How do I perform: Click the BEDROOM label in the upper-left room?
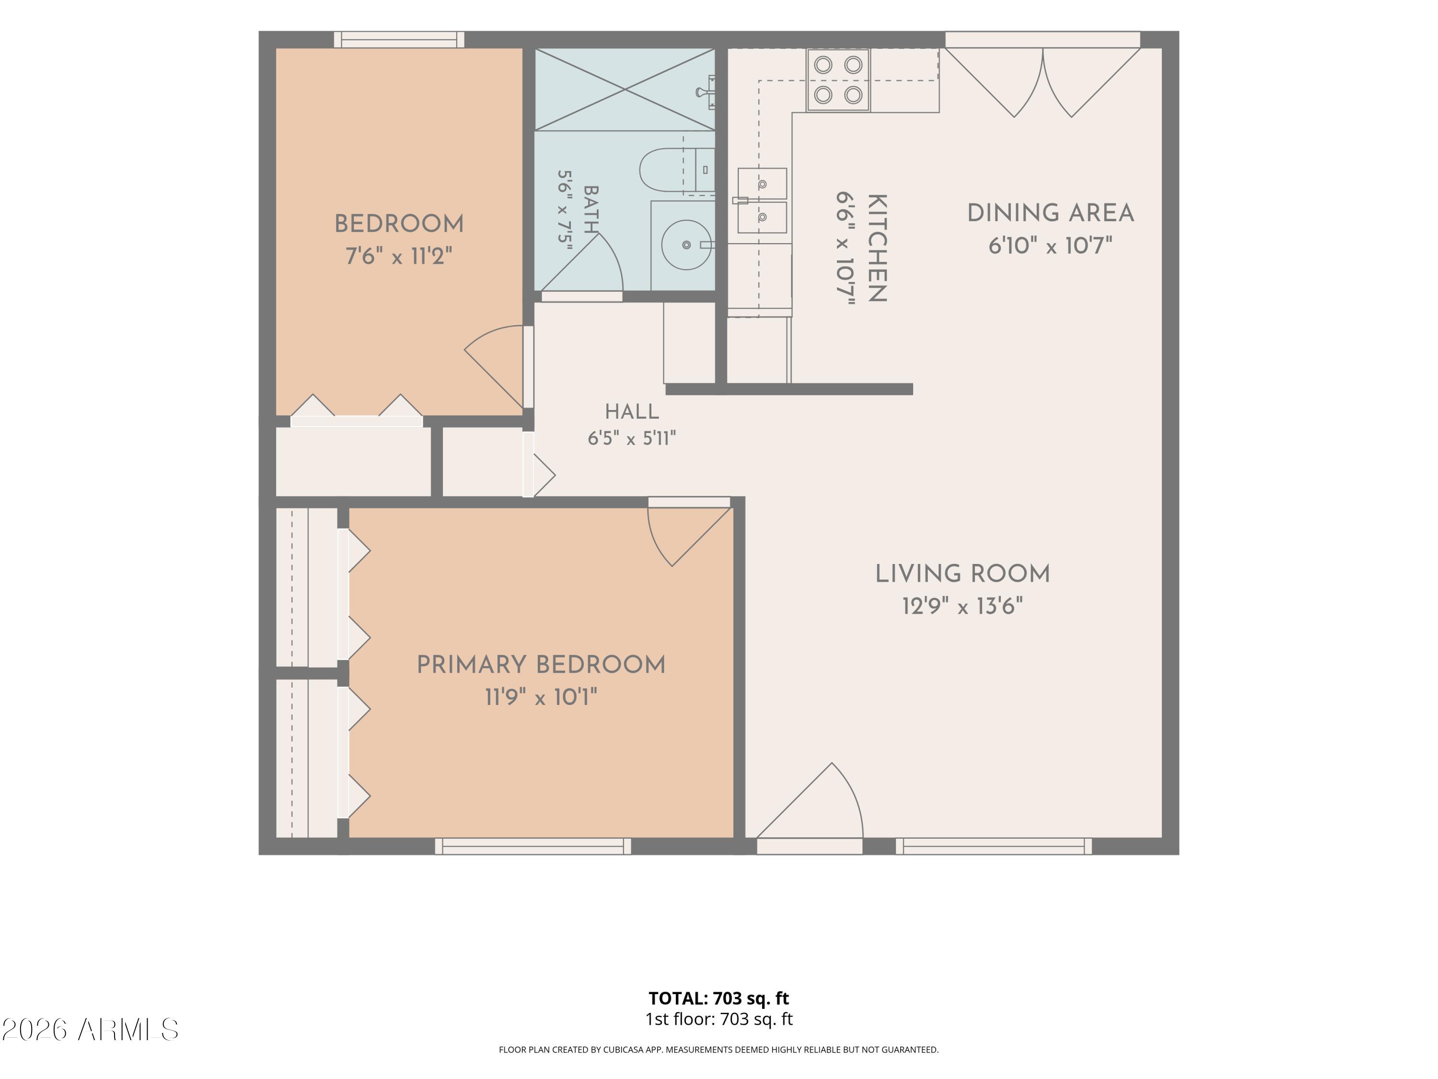pyautogui.click(x=399, y=224)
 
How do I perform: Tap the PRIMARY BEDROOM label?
pyautogui.click(x=541, y=665)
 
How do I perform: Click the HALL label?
pyautogui.click(x=632, y=411)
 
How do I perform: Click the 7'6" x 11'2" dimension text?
pyautogui.click(x=399, y=256)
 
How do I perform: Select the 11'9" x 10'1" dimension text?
pyautogui.click(x=541, y=697)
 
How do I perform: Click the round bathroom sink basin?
pyautogui.click(x=686, y=245)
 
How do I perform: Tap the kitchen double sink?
pyautogui.click(x=762, y=201)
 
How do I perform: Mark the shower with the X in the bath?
pyautogui.click(x=625, y=90)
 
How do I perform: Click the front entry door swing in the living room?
pyautogui.click(x=810, y=801)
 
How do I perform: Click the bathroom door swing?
pyautogui.click(x=582, y=263)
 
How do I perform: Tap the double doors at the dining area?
pyautogui.click(x=1043, y=82)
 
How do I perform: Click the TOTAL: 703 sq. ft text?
pyautogui.click(x=719, y=998)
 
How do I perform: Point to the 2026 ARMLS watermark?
pyautogui.click(x=91, y=1030)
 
